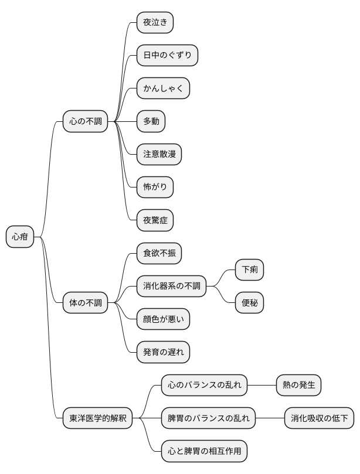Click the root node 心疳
point(20,237)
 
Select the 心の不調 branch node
point(86,122)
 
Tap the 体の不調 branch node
point(86,303)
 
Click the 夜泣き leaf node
point(155,23)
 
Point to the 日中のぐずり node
point(167,56)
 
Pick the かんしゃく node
point(163,88)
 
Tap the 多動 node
point(151,122)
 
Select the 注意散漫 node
point(159,155)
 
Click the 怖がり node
point(155,187)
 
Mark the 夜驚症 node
point(155,220)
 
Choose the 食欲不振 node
point(159,254)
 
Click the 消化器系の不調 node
point(172,287)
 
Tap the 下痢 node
point(249,270)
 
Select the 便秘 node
point(249,303)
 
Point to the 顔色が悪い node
point(163,319)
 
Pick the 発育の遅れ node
point(163,352)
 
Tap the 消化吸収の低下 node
point(320,418)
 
